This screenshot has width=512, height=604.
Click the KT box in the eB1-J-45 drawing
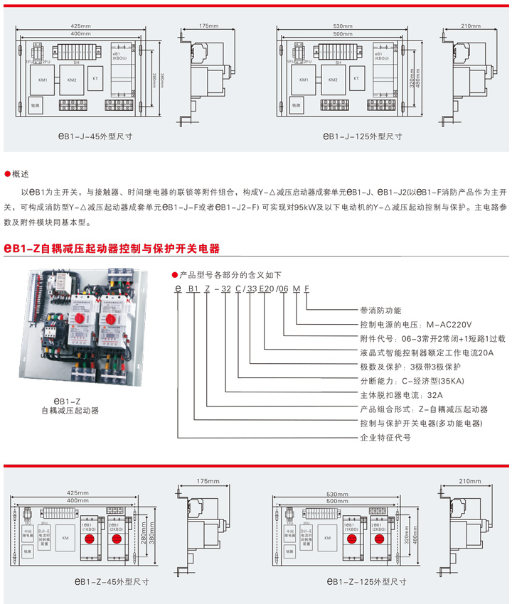pos(95,79)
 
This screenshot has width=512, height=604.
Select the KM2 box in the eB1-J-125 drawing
pos(334,80)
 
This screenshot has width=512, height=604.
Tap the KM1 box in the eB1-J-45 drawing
pos(43,80)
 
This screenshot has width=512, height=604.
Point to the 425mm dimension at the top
pos(81,26)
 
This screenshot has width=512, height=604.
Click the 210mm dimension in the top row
pos(471,26)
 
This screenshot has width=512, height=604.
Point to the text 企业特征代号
pos(386,438)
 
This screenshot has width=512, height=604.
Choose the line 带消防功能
pos(381,310)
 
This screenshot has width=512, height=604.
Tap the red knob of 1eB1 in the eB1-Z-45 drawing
pos(90,539)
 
